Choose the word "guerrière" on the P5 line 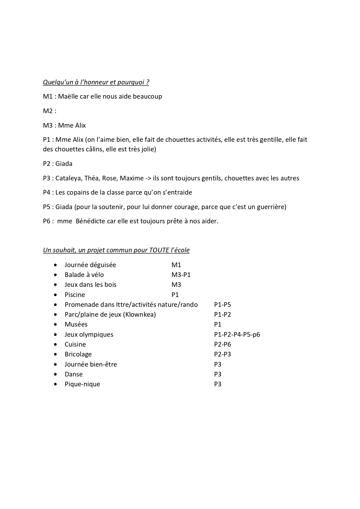271,207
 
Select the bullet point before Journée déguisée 55,265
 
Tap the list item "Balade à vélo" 84,275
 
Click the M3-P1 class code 181,275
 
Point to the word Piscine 75,295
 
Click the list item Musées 76,325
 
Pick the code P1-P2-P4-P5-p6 237,335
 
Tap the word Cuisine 75,345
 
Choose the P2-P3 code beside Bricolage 222,354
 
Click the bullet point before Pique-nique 55,385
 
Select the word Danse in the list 74,374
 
